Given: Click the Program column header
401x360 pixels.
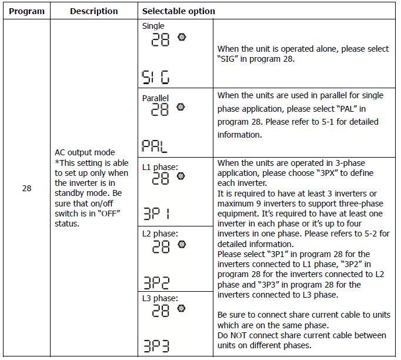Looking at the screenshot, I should [26, 11].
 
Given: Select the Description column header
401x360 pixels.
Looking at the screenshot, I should [93, 11].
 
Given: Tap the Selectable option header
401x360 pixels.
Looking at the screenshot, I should [179, 11].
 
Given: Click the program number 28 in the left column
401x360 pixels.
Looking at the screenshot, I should [26, 189].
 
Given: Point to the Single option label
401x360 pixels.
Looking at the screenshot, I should [153, 26].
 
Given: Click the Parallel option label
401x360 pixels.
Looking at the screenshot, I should [155, 98].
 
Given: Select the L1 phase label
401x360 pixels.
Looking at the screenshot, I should [159, 166].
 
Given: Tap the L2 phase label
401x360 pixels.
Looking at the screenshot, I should [159, 234].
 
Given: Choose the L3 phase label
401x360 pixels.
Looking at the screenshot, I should [159, 298].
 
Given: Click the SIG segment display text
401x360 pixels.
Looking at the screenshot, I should [155, 76].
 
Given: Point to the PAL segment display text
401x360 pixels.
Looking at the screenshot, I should [155, 146].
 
